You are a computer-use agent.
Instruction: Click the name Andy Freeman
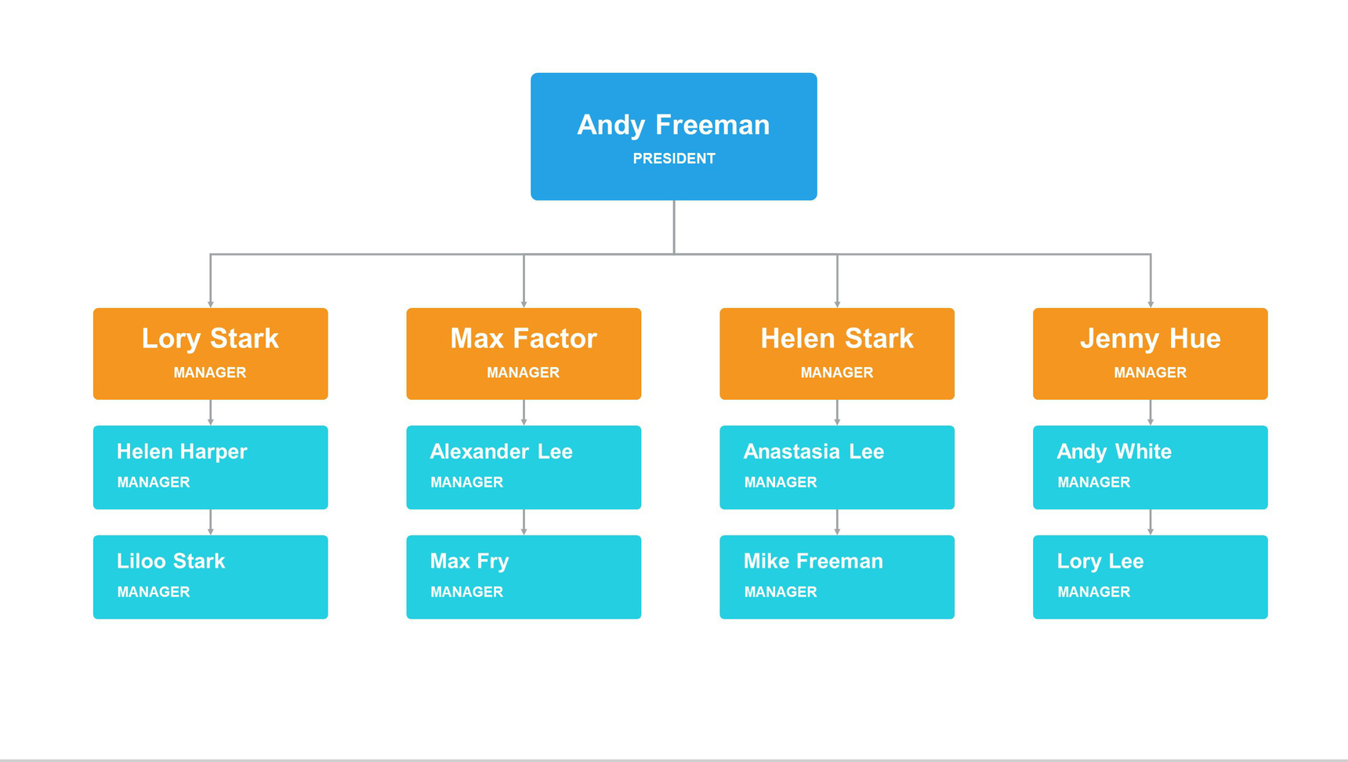[673, 125]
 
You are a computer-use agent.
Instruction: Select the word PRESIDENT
[674, 158]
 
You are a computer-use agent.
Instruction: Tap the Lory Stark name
[210, 339]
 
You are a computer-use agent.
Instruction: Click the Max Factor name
[524, 339]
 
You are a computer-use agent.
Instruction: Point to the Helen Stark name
[837, 339]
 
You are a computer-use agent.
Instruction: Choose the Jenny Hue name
[1151, 339]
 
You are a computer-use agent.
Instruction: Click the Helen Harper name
[182, 452]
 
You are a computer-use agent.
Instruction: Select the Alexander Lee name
[502, 452]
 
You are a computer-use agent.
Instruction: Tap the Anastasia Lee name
[814, 452]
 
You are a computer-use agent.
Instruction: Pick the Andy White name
[1114, 452]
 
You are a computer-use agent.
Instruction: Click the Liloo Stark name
[171, 561]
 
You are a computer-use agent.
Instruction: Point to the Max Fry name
[469, 561]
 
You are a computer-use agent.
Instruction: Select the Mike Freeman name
[814, 561]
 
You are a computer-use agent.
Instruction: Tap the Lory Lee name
[1100, 561]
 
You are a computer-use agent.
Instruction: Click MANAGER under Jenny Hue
[1151, 372]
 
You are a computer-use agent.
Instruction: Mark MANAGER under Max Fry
[467, 592]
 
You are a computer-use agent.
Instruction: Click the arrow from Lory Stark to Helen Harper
[210, 412]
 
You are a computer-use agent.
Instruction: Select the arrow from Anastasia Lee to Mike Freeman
[837, 522]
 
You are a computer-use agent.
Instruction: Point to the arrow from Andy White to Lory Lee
[1151, 522]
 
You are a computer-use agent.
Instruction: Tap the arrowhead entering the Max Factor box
[524, 304]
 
